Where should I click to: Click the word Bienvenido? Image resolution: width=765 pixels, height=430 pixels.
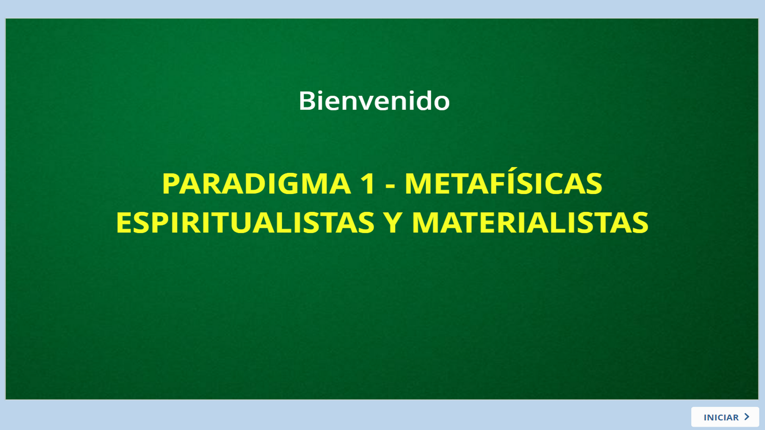374,100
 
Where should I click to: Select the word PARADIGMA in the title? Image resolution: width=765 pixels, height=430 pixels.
256,184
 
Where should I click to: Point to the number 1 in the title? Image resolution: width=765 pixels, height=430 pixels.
368,184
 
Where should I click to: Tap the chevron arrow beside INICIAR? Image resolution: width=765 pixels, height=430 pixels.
747,416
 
